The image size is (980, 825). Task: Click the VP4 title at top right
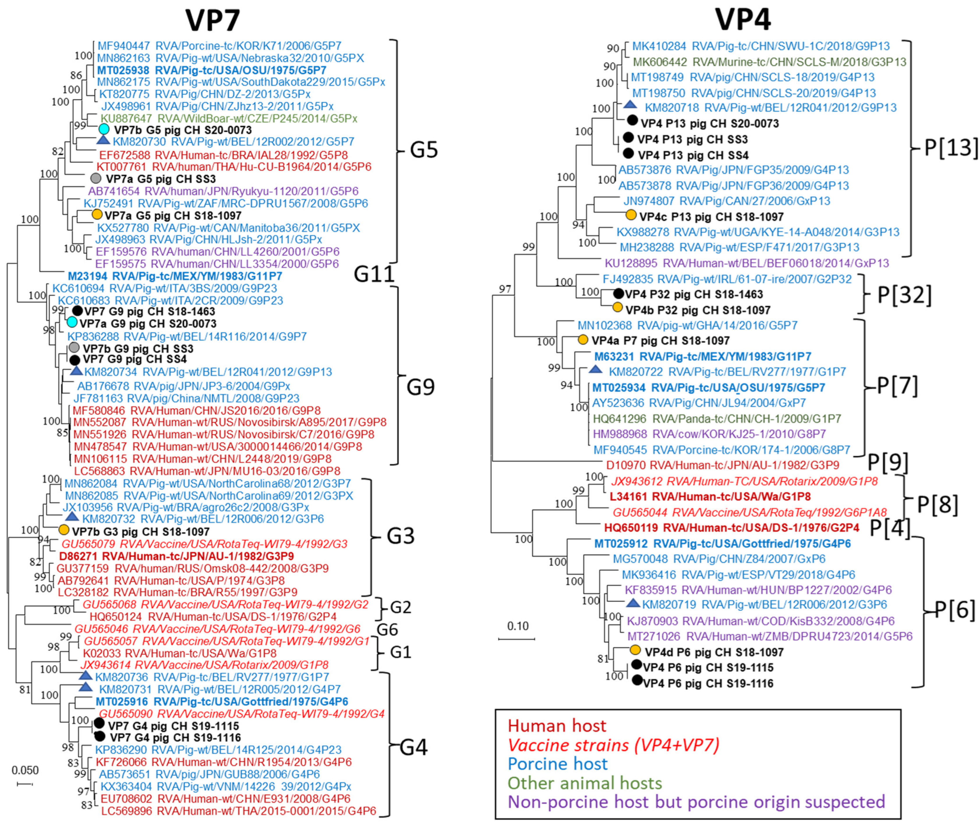tap(743, 20)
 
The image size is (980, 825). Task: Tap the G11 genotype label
tap(374, 274)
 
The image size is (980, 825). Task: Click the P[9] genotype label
tap(887, 463)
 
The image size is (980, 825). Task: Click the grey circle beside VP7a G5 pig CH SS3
tap(96, 178)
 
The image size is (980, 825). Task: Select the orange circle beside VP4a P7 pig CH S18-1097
tap(583, 340)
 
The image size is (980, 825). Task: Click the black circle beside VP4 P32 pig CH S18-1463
tap(618, 294)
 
